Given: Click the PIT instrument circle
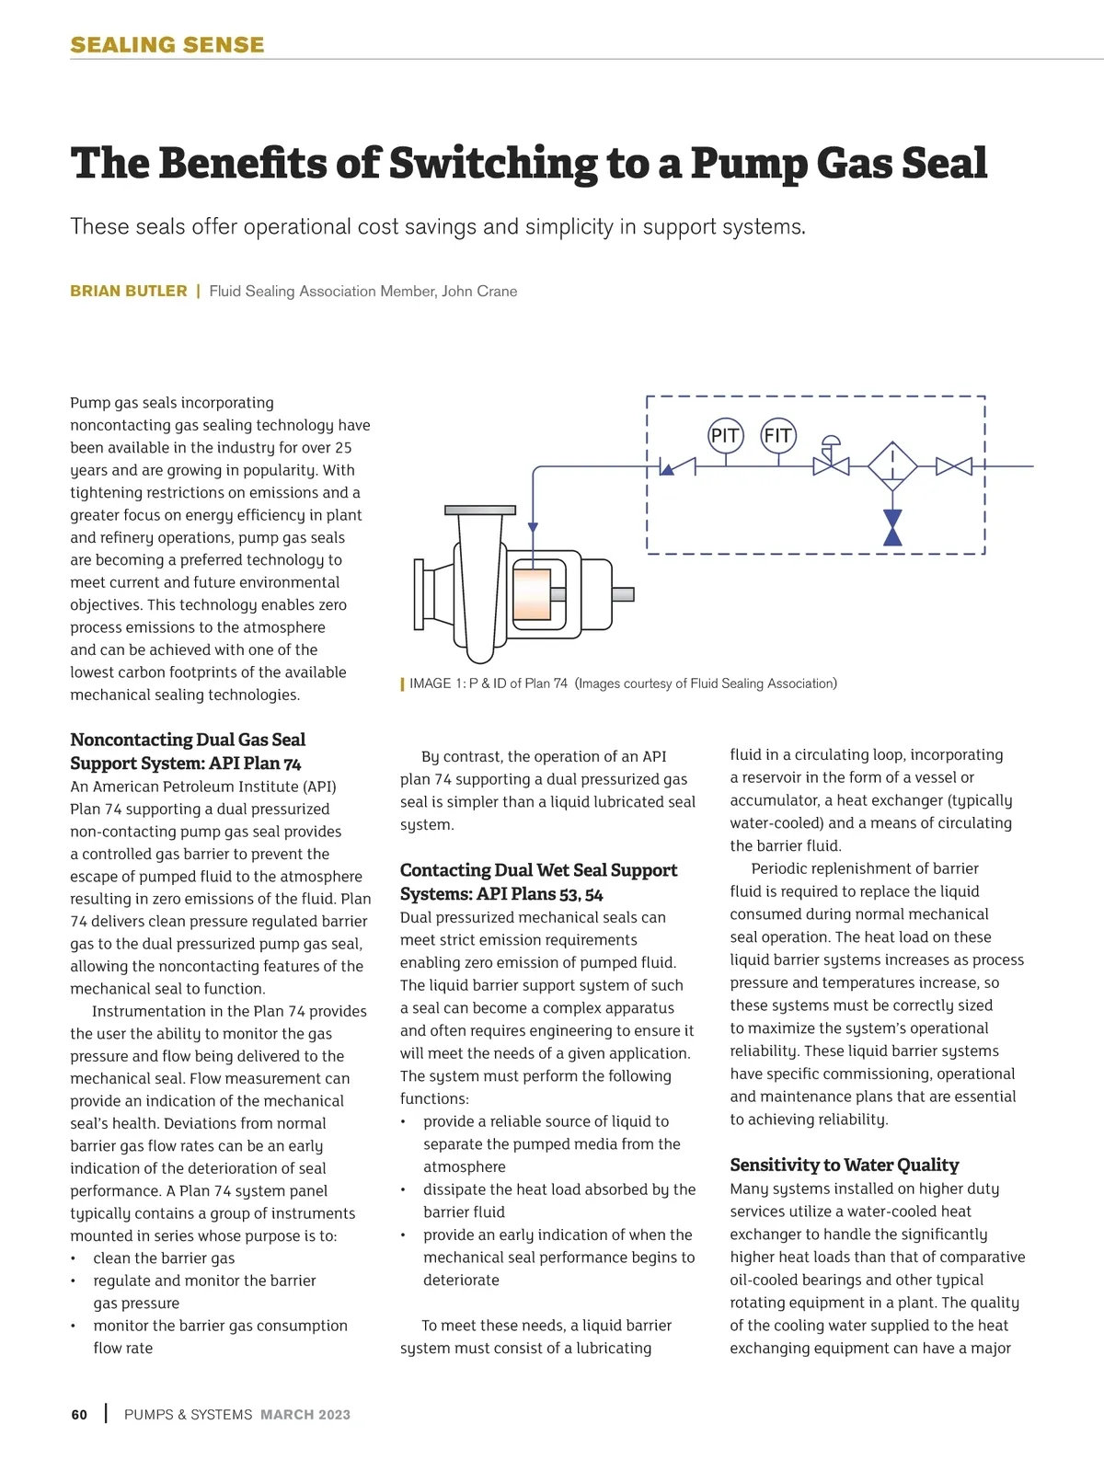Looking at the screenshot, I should [x=725, y=435].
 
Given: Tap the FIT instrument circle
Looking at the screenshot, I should [x=777, y=435].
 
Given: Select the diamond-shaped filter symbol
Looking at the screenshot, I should [x=892, y=466].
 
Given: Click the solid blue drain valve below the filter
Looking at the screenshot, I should [x=892, y=528].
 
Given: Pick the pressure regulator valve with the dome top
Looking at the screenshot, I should [x=831, y=460].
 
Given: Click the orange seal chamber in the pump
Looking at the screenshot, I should [x=532, y=593].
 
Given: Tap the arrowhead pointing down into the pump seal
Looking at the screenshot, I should [x=533, y=528].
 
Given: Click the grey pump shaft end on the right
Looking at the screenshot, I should [x=623, y=594].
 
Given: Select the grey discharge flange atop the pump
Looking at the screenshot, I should [x=479, y=510].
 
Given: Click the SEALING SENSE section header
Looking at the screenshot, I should [x=167, y=44].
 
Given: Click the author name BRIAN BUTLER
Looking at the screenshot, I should [x=128, y=292].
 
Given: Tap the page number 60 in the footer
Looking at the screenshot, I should [x=79, y=1415].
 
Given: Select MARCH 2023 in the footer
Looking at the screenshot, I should [x=305, y=1415].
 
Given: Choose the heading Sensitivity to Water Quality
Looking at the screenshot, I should [x=844, y=1165].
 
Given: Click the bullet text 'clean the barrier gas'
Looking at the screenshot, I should [x=164, y=1258].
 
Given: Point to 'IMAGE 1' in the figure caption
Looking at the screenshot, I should [x=431, y=683].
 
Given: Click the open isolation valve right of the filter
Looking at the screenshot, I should [x=953, y=466].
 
